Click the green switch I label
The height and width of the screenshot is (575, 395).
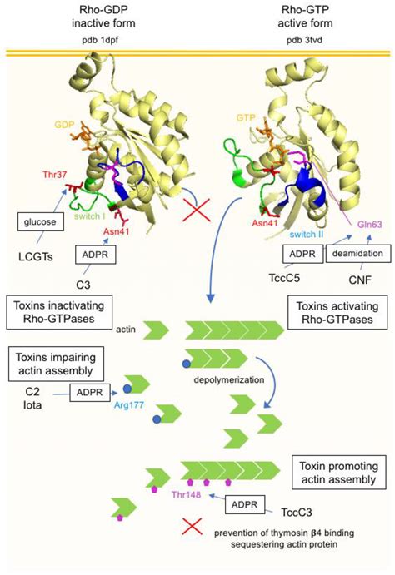91,216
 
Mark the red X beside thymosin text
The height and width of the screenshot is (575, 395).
192,526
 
